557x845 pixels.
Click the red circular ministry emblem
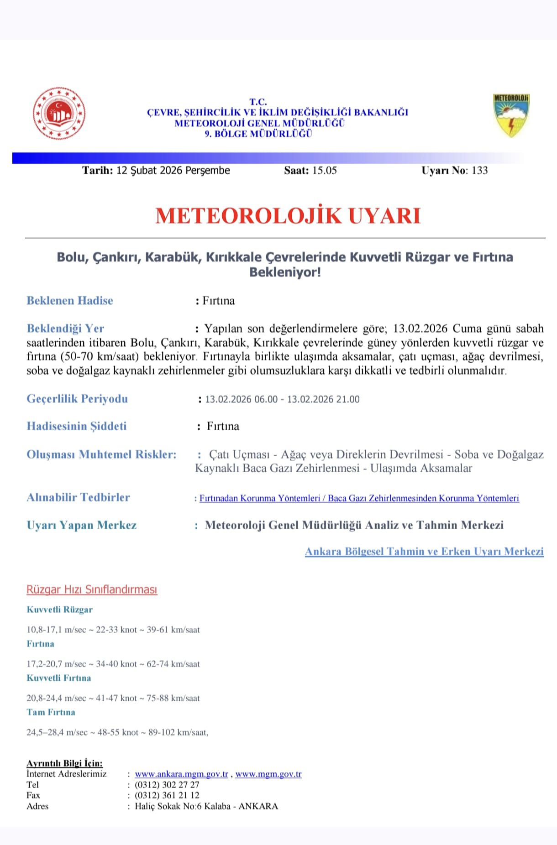pyautogui.click(x=59, y=114)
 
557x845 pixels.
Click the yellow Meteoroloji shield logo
pyautogui.click(x=511, y=115)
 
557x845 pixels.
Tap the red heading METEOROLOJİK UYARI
pyautogui.click(x=288, y=216)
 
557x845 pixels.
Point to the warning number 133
pyautogui.click(x=480, y=171)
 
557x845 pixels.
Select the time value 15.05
pyautogui.click(x=324, y=171)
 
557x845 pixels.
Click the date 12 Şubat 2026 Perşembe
pyautogui.click(x=173, y=171)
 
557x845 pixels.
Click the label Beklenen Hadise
pyautogui.click(x=70, y=301)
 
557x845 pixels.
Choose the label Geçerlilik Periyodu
pyautogui.click(x=77, y=399)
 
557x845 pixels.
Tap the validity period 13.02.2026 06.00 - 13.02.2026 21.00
pyautogui.click(x=282, y=400)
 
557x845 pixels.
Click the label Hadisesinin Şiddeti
pyautogui.click(x=77, y=426)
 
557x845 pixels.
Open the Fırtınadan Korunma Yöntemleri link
pyautogui.click(x=259, y=498)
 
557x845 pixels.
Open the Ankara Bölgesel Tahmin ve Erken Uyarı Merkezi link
pyautogui.click(x=424, y=552)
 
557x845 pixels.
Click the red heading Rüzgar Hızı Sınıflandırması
pyautogui.click(x=92, y=589)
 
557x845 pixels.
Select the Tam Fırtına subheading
pyautogui.click(x=51, y=712)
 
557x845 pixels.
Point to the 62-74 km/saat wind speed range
pyautogui.click(x=173, y=664)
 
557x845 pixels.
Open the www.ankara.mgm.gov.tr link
pyautogui.click(x=181, y=774)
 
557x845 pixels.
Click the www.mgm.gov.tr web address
pyautogui.click(x=268, y=774)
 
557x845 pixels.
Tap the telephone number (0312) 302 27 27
pyautogui.click(x=167, y=785)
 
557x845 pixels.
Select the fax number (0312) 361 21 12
pyautogui.click(x=167, y=795)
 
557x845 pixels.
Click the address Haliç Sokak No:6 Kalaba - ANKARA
pyautogui.click(x=206, y=806)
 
